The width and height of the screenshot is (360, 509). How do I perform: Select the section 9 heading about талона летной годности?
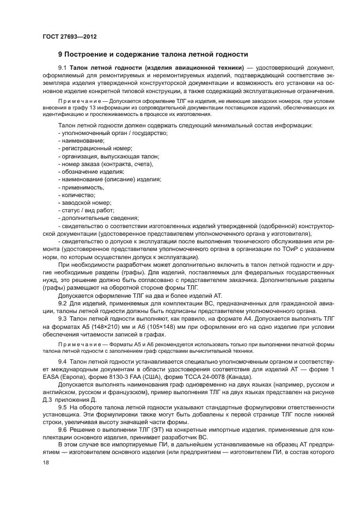click(153, 54)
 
